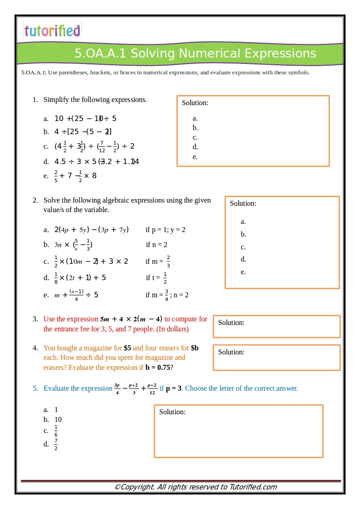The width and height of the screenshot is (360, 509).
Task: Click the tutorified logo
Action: tap(52, 31)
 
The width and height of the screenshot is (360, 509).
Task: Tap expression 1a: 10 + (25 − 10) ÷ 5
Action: tap(85, 119)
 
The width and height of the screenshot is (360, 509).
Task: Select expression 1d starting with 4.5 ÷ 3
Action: tap(97, 162)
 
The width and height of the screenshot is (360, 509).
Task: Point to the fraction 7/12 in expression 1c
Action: tap(102, 146)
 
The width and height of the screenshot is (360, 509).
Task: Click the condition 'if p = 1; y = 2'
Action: tap(165, 230)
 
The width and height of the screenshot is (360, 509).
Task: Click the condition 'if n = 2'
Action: tap(156, 245)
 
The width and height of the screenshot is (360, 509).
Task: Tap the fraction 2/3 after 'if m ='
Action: tap(168, 262)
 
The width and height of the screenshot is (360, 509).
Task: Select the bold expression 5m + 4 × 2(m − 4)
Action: tap(131, 319)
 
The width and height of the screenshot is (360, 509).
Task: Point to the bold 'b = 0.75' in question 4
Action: tap(157, 368)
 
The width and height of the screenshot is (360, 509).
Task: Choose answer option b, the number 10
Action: tap(58, 420)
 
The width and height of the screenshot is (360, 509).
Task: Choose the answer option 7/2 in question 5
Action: tap(56, 444)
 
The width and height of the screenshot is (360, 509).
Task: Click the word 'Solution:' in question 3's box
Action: tap(231, 323)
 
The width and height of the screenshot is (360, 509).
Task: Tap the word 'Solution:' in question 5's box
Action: tap(172, 412)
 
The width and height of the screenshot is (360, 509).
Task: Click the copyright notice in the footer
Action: tap(195, 487)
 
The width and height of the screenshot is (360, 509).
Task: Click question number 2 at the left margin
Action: tap(35, 200)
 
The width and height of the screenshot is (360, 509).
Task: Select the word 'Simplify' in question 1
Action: tap(56, 100)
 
